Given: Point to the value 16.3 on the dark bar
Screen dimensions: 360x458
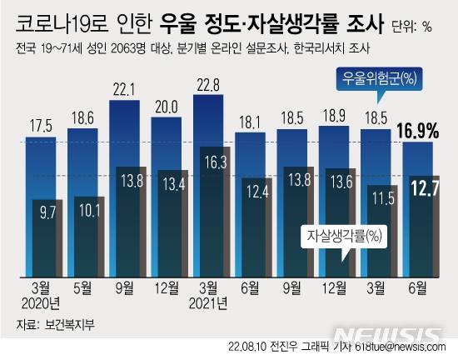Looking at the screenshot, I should pos(216,163).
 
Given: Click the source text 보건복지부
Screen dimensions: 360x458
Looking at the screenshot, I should pos(67,324).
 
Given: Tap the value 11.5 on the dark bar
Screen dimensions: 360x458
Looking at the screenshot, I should pos(382,199).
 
